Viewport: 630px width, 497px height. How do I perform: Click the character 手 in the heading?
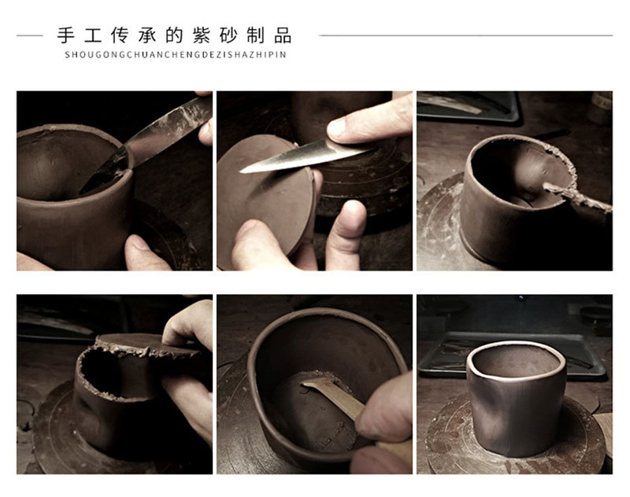pyautogui.click(x=66, y=35)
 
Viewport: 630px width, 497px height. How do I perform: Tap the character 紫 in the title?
pyautogui.click(x=202, y=35)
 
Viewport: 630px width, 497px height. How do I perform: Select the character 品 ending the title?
pyautogui.click(x=283, y=35)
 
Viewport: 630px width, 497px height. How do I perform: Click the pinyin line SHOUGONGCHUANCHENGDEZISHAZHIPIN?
pyautogui.click(x=175, y=54)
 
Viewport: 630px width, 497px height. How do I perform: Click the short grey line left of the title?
pyautogui.click(x=30, y=35)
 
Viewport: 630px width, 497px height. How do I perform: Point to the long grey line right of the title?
pyautogui.click(x=466, y=35)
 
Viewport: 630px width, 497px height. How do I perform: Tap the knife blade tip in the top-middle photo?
pyautogui.click(x=241, y=171)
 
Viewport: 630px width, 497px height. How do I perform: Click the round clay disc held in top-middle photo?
pyautogui.click(x=266, y=196)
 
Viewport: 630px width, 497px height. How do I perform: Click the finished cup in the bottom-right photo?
pyautogui.click(x=516, y=397)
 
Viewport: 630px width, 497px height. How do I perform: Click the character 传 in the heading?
pyautogui.click(x=120, y=35)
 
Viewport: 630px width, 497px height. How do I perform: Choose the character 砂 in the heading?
pyautogui.click(x=228, y=35)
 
